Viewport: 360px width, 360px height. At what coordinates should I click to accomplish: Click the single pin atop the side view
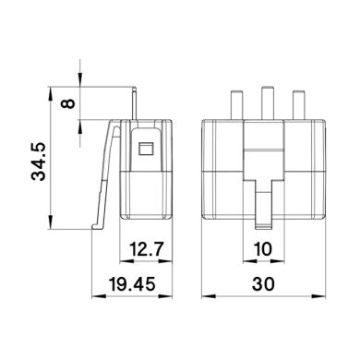click(x=136, y=104)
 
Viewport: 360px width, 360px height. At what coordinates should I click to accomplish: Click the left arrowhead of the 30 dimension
click(x=204, y=297)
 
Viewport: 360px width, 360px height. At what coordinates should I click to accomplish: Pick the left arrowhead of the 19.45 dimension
click(x=95, y=297)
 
